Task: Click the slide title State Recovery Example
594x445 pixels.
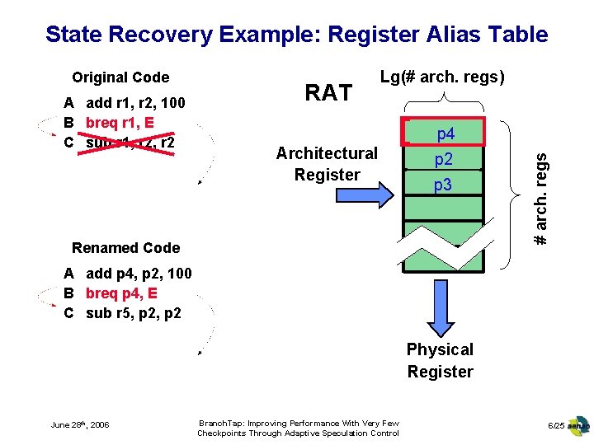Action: click(296, 35)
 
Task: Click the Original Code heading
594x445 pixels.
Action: click(120, 77)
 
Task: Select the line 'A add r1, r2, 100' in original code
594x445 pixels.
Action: click(125, 104)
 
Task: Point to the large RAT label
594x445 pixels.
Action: click(328, 93)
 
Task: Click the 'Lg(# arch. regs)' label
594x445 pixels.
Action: click(442, 77)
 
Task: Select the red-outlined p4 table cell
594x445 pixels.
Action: click(445, 133)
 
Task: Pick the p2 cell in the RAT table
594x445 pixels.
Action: click(445, 159)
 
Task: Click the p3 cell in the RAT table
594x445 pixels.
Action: click(444, 185)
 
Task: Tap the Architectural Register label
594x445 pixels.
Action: click(327, 164)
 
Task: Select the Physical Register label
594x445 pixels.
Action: click(440, 361)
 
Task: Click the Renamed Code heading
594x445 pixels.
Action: click(125, 248)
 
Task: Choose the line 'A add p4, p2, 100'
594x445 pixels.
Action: click(128, 274)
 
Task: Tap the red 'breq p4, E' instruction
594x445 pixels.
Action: click(122, 293)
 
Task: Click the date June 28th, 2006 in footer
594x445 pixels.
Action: click(80, 424)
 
